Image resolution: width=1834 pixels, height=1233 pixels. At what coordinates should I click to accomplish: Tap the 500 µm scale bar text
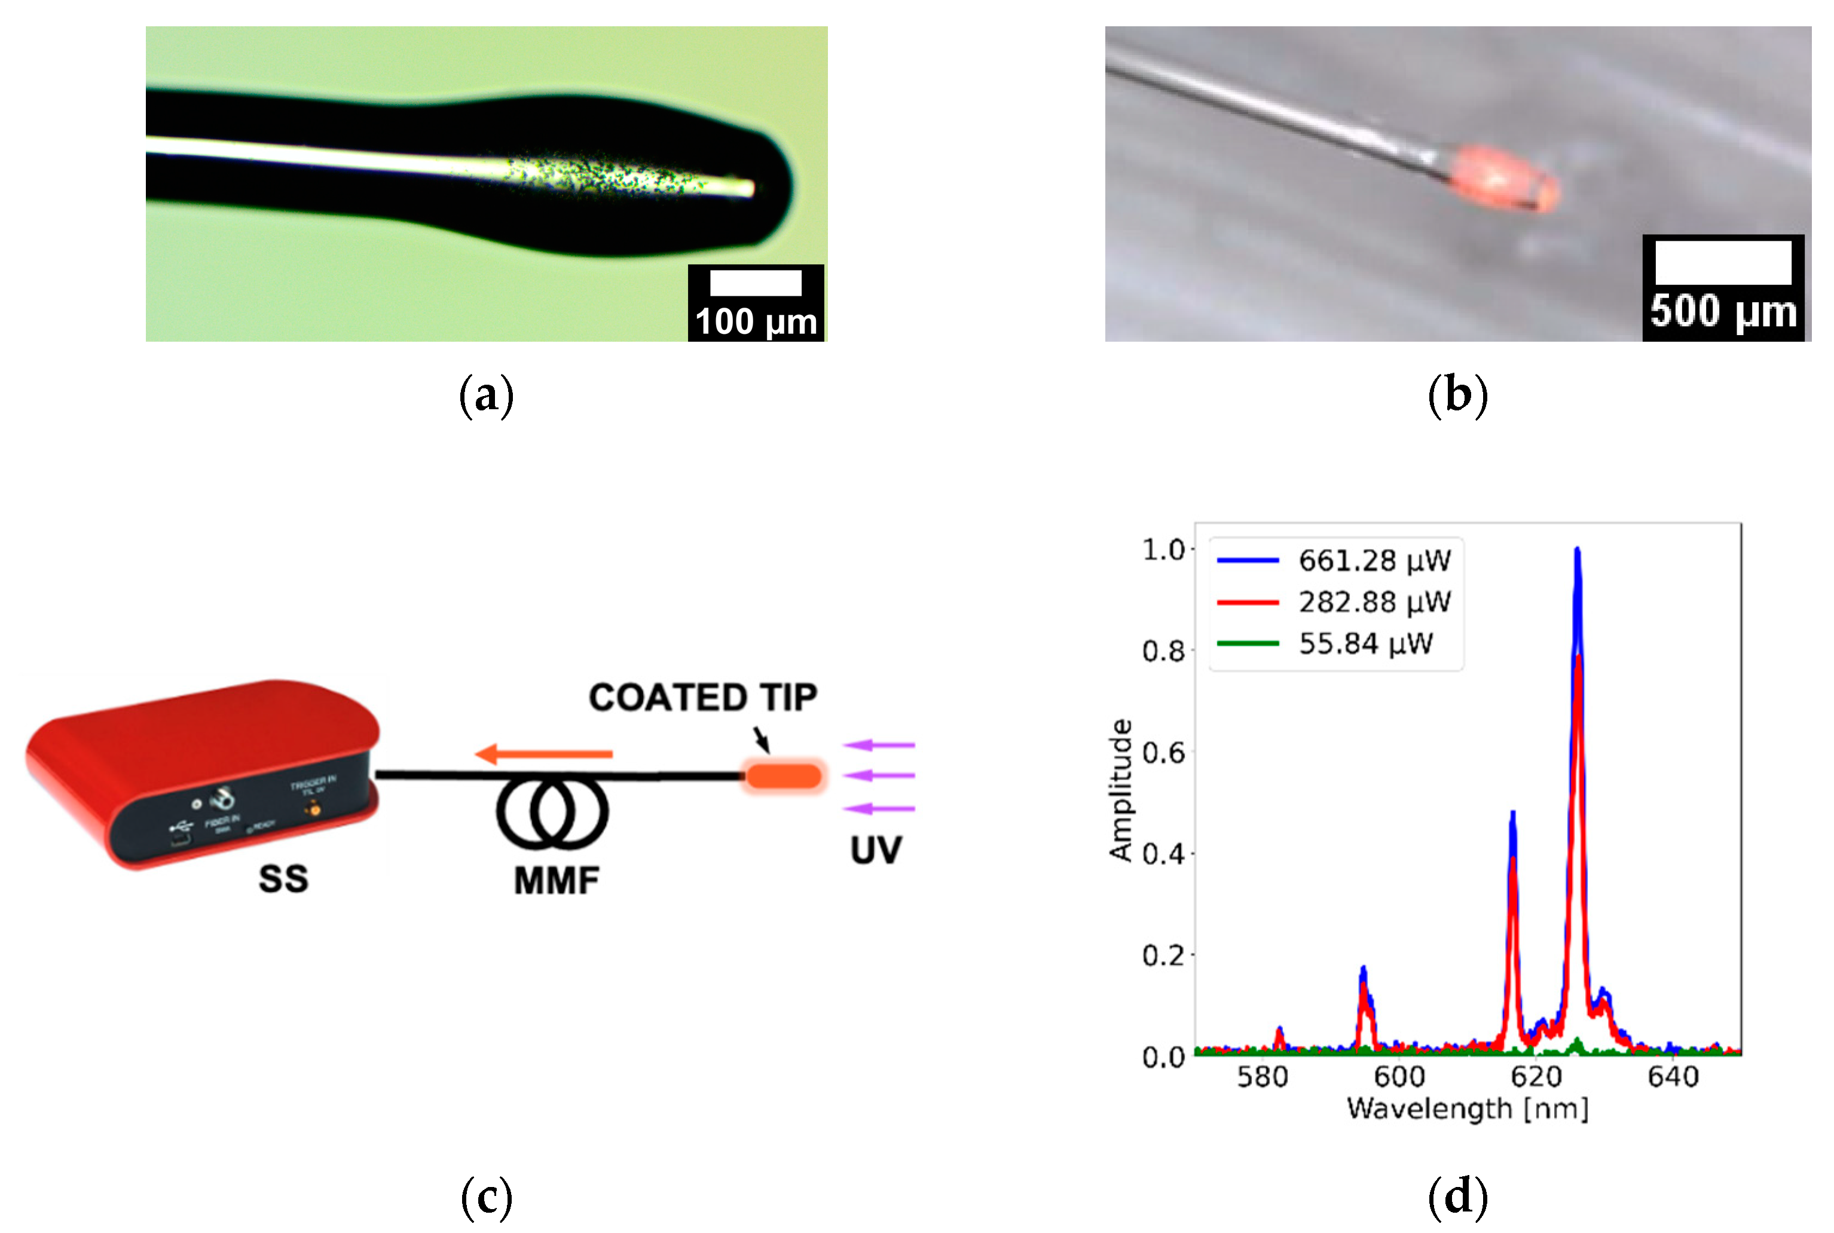(x=1723, y=311)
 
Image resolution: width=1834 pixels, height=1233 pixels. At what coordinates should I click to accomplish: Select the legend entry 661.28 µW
(x=1374, y=561)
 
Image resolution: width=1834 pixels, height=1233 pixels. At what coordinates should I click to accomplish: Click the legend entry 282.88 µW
(x=1374, y=602)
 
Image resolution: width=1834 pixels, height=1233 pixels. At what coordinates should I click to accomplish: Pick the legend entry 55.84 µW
(x=1365, y=644)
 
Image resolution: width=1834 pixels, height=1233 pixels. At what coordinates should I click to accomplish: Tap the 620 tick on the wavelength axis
(x=1536, y=1076)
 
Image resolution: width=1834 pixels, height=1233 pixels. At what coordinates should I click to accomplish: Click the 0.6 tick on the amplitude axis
(x=1163, y=753)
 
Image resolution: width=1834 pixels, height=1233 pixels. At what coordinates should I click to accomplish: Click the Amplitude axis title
(x=1120, y=790)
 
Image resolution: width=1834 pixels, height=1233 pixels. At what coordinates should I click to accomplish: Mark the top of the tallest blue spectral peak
(x=1577, y=549)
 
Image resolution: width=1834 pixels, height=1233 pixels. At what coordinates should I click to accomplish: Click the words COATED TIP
(x=702, y=698)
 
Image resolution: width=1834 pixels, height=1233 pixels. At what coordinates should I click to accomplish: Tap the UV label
(x=876, y=850)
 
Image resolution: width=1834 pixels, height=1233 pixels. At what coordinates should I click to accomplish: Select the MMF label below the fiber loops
(x=557, y=881)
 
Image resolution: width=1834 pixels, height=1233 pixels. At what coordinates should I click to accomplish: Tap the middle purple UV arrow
(x=879, y=776)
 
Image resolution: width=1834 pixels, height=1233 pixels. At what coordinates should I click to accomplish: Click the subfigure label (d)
(x=1457, y=1196)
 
